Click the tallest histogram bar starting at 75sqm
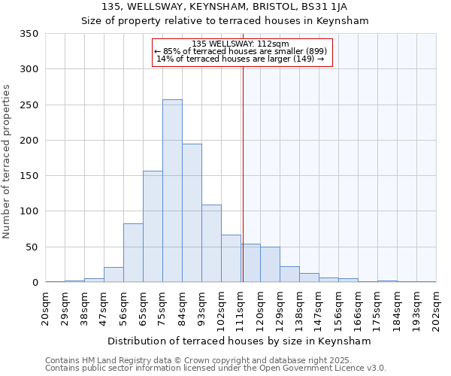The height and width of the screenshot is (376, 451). (172, 191)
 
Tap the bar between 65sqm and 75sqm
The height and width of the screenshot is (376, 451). (153, 226)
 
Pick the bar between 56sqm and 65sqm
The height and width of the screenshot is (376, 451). (133, 253)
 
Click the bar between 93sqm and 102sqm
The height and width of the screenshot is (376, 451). (211, 244)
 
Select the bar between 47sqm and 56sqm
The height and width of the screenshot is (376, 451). (114, 274)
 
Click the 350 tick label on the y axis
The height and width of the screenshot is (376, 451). (29, 34)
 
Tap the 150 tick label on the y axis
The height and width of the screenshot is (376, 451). (29, 176)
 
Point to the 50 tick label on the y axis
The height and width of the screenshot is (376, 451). (32, 247)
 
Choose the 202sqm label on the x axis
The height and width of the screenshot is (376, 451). (437, 309)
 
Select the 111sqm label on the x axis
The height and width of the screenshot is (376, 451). (241, 309)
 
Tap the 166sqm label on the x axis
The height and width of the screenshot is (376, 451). (359, 309)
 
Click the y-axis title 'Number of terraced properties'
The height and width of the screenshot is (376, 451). (7, 161)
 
